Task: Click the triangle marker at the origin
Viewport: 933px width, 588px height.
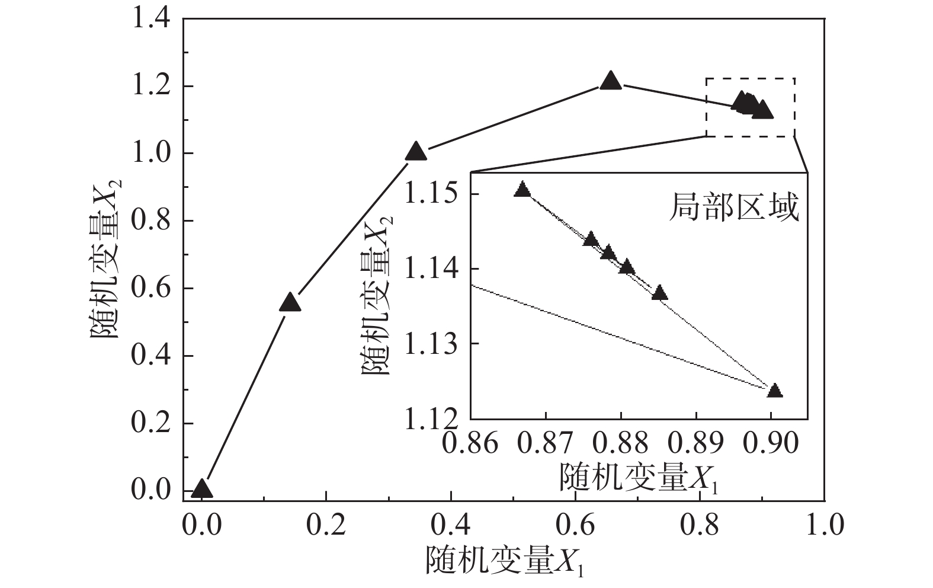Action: (x=202, y=489)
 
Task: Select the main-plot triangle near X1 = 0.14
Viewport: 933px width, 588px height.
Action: (x=290, y=303)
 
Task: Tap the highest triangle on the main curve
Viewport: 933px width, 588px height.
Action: (x=611, y=81)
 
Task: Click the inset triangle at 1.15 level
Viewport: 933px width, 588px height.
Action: (x=522, y=190)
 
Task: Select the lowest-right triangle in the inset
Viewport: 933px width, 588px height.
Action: (x=774, y=391)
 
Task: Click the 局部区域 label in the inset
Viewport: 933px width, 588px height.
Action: (x=734, y=208)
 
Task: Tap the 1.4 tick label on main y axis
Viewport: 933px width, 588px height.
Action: (x=151, y=19)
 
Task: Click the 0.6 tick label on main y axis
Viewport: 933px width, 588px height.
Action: (x=151, y=289)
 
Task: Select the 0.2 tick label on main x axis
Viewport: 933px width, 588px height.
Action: (x=326, y=525)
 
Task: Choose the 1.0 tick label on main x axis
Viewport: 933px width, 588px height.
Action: (x=825, y=525)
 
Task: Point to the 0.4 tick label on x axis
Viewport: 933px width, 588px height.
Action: (x=451, y=525)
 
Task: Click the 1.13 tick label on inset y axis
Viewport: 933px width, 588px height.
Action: (x=431, y=344)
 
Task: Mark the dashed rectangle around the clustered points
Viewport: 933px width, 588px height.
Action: (x=750, y=78)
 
